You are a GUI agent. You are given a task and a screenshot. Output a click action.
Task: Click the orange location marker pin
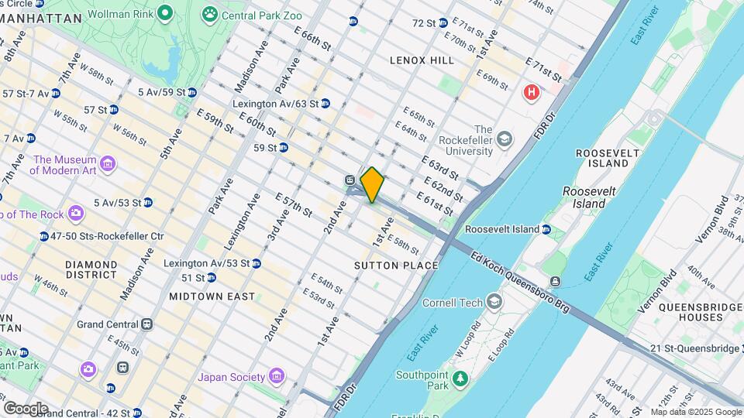pos(372,184)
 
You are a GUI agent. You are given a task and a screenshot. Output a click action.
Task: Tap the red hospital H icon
pos(532,93)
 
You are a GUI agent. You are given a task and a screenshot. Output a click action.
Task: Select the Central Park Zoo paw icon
pos(209,14)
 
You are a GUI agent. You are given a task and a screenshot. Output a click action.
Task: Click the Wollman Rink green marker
pos(164,14)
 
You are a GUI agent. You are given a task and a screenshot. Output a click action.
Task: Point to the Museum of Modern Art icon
pos(108,164)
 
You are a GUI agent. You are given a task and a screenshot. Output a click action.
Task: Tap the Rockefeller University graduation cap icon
pos(505,139)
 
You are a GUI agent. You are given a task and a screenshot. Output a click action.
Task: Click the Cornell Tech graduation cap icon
pos(494,302)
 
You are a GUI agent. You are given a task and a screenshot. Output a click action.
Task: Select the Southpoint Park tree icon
pos(460,378)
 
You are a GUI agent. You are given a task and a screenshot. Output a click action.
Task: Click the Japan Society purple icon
pos(277,377)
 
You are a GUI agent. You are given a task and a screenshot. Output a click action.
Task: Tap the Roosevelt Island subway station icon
pos(546,229)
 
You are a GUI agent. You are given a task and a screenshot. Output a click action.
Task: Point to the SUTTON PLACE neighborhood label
pos(396,266)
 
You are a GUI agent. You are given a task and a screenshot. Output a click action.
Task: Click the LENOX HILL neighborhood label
pos(422,60)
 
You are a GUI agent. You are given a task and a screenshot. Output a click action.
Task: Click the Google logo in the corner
pos(25,408)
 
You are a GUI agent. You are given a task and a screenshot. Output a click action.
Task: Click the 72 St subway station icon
pos(442,23)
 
